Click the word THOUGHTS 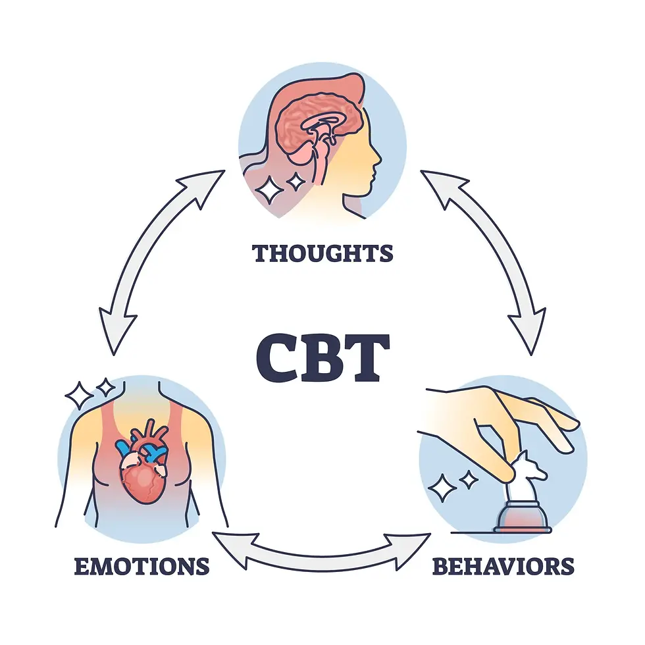[322, 253]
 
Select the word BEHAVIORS [503, 565]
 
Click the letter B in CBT [322, 359]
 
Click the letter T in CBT [363, 359]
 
